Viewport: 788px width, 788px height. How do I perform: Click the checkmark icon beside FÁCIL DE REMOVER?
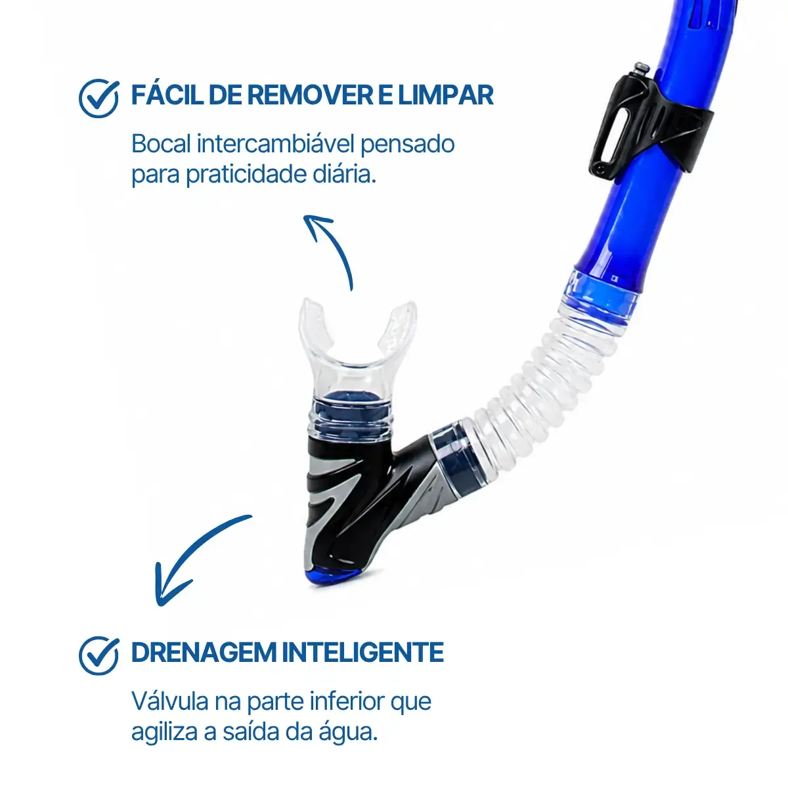pos(98,98)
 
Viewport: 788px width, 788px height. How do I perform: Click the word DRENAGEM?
pos(204,652)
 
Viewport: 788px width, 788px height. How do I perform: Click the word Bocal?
pos(162,144)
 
